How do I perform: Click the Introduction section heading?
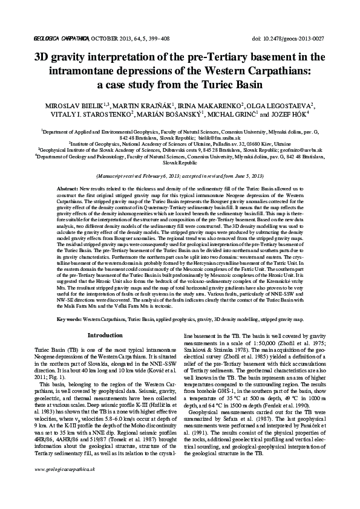tap(105, 334)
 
